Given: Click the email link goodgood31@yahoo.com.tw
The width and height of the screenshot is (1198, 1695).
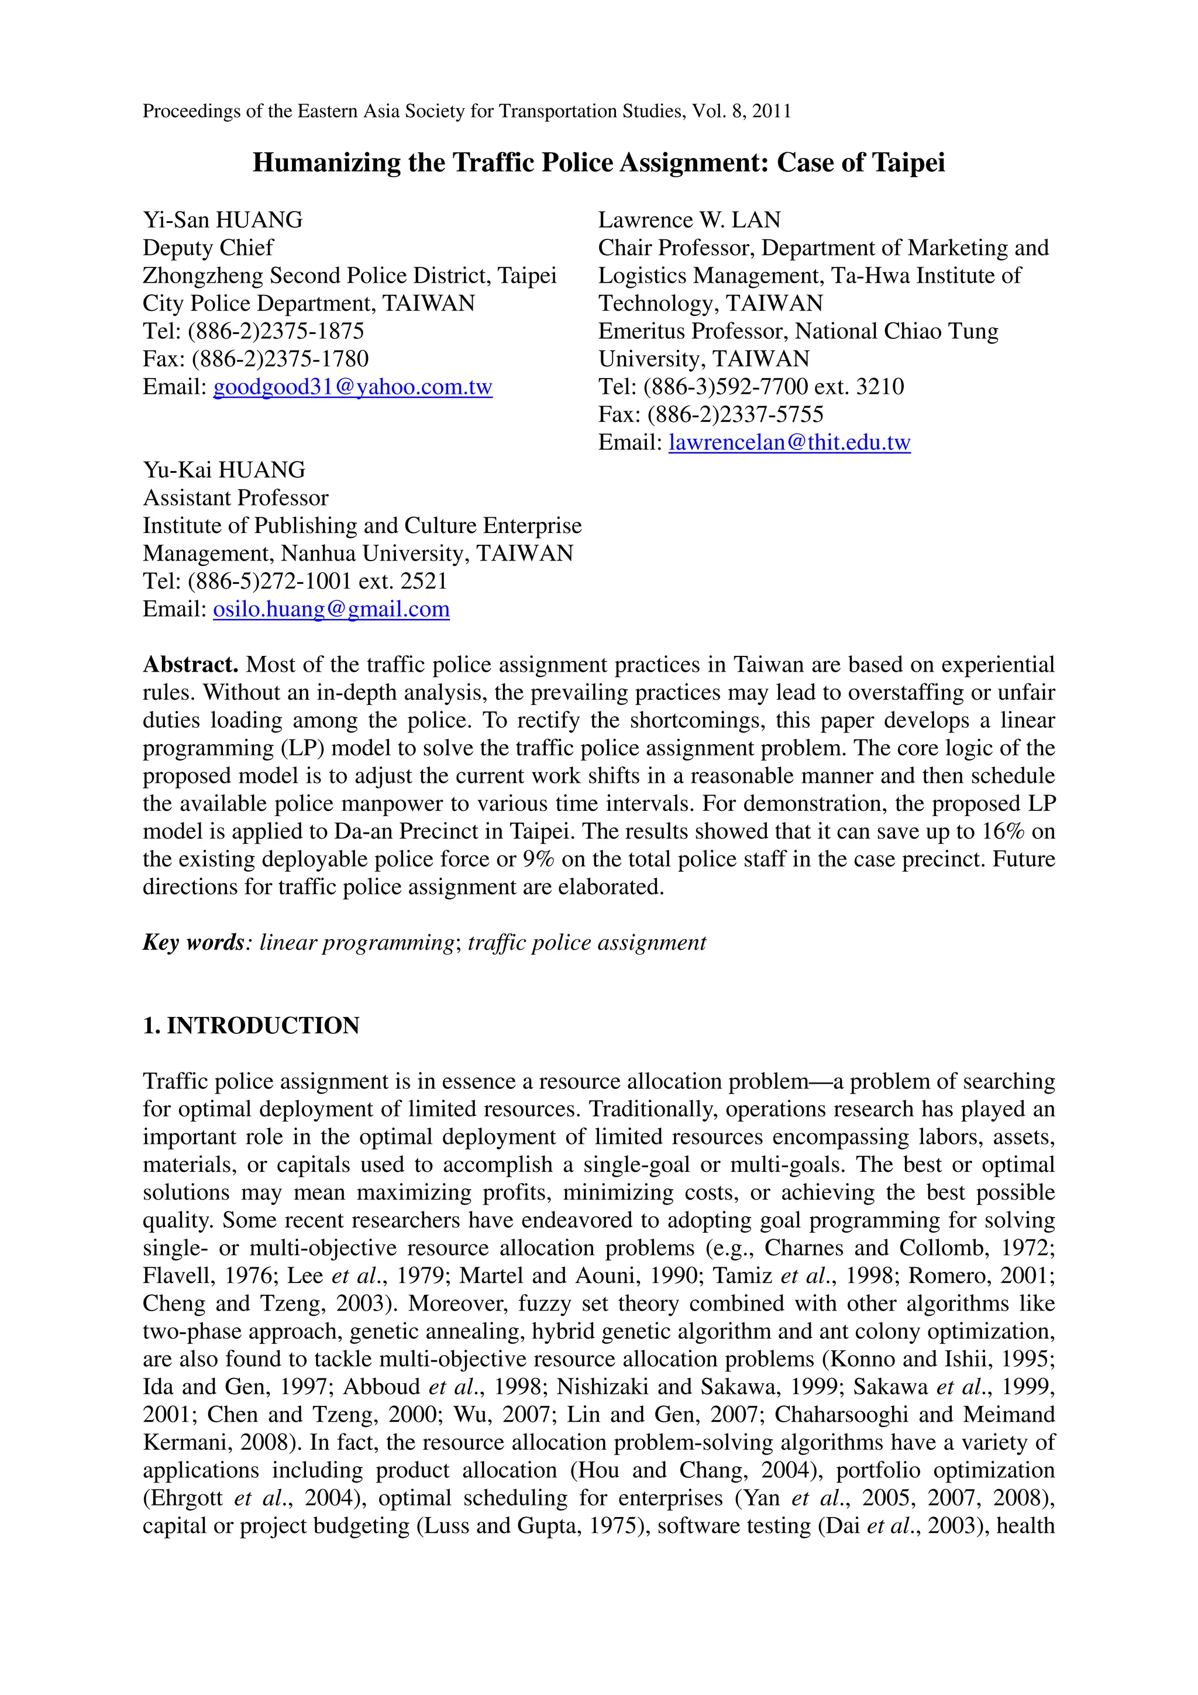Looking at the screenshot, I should pos(352,387).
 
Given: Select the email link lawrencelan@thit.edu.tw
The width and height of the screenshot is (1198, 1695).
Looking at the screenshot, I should pos(789,442).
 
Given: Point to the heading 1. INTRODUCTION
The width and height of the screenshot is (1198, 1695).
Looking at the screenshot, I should pos(251,1026).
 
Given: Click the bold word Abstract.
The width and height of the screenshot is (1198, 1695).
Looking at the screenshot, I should pos(190,665).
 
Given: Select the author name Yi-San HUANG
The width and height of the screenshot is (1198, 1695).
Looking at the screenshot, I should pos(222,220).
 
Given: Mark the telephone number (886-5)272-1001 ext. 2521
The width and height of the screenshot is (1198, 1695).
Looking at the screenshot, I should pos(318,581).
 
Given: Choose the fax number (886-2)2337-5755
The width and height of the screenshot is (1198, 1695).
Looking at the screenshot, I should pos(735,414).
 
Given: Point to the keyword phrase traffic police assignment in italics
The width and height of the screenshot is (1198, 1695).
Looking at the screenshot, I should pos(587,943).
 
